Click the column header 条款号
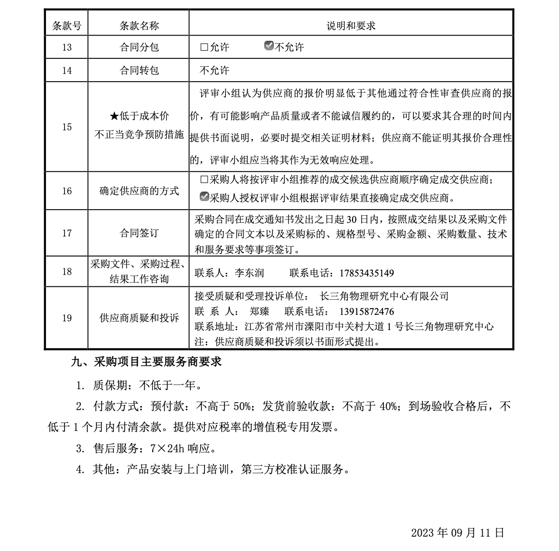[x=66, y=26]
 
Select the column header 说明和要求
[x=351, y=26]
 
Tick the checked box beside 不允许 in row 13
[x=269, y=46]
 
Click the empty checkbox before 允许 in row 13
[x=204, y=47]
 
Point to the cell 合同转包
[x=139, y=71]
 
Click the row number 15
[x=66, y=127]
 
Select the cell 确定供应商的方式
[x=139, y=191]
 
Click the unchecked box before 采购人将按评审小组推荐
[x=204, y=180]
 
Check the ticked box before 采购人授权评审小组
[x=204, y=197]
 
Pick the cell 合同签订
[x=139, y=233]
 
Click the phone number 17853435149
[x=366, y=273]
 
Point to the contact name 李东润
[x=249, y=273]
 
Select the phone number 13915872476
[x=366, y=312]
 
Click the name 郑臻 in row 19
[x=259, y=312]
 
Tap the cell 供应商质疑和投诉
[x=139, y=318]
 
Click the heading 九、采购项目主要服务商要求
[x=146, y=362]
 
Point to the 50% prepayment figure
[x=242, y=406]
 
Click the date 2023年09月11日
[x=457, y=533]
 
